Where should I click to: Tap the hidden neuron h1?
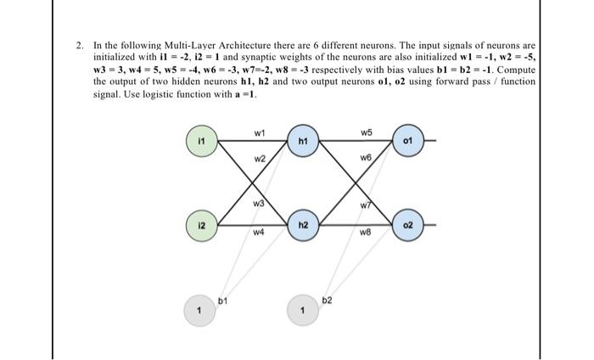click(x=303, y=139)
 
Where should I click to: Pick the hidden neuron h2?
click(x=303, y=226)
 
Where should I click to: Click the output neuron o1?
click(x=407, y=139)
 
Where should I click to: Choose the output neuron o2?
click(x=407, y=226)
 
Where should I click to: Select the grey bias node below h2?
click(x=303, y=310)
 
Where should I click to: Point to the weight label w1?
click(x=260, y=131)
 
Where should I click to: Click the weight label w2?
click(x=260, y=159)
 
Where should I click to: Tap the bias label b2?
click(x=328, y=300)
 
